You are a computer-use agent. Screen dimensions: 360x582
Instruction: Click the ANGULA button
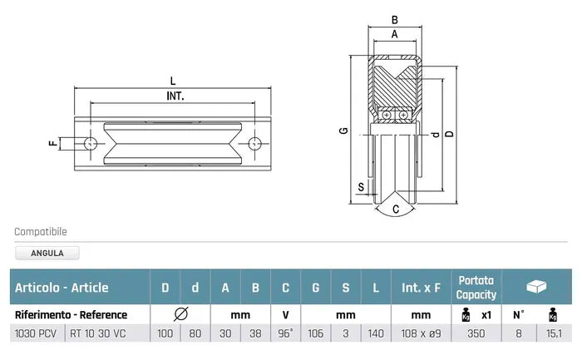click(x=47, y=254)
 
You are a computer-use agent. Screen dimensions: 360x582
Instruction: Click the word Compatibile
click(x=41, y=232)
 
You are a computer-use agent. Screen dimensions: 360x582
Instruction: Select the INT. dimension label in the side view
click(x=175, y=96)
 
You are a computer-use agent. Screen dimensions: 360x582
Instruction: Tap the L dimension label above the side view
click(x=172, y=81)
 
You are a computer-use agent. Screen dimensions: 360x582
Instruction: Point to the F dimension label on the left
click(x=52, y=143)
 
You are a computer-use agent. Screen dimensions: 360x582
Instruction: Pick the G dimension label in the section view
click(x=342, y=131)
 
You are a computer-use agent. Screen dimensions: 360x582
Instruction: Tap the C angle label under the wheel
click(x=396, y=209)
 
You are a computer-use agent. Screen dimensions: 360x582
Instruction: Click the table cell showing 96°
click(x=285, y=333)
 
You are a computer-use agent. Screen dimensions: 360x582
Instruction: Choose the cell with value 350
click(x=476, y=333)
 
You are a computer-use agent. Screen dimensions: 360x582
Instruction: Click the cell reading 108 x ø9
click(x=422, y=333)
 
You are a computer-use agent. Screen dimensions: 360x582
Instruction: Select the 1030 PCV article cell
click(x=36, y=333)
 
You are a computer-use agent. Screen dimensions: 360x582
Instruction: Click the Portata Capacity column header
click(x=476, y=288)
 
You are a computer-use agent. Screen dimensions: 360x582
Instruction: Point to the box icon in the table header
click(x=537, y=287)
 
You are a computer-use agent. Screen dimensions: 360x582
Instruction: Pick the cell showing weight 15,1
click(x=553, y=333)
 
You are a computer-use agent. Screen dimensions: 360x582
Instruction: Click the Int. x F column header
click(x=422, y=288)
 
